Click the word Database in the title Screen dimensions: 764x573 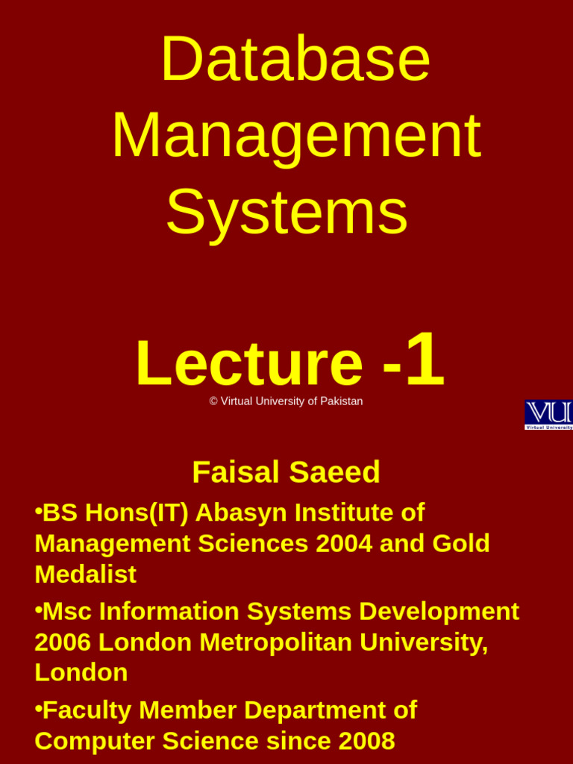pos(295,59)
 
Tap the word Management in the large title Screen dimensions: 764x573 pos(296,137)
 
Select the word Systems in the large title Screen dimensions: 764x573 pos(286,212)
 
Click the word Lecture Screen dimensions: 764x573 pos(249,364)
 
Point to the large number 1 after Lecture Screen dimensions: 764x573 pos(425,360)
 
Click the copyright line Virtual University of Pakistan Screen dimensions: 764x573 pos(286,401)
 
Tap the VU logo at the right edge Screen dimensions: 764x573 pos(549,415)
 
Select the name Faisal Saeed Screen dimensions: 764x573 pos(286,472)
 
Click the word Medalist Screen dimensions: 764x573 pos(85,574)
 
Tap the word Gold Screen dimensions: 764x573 pos(461,544)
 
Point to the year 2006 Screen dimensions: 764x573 pos(63,642)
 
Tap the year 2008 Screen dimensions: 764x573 pos(366,741)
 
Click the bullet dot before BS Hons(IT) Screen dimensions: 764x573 pos(38,511)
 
